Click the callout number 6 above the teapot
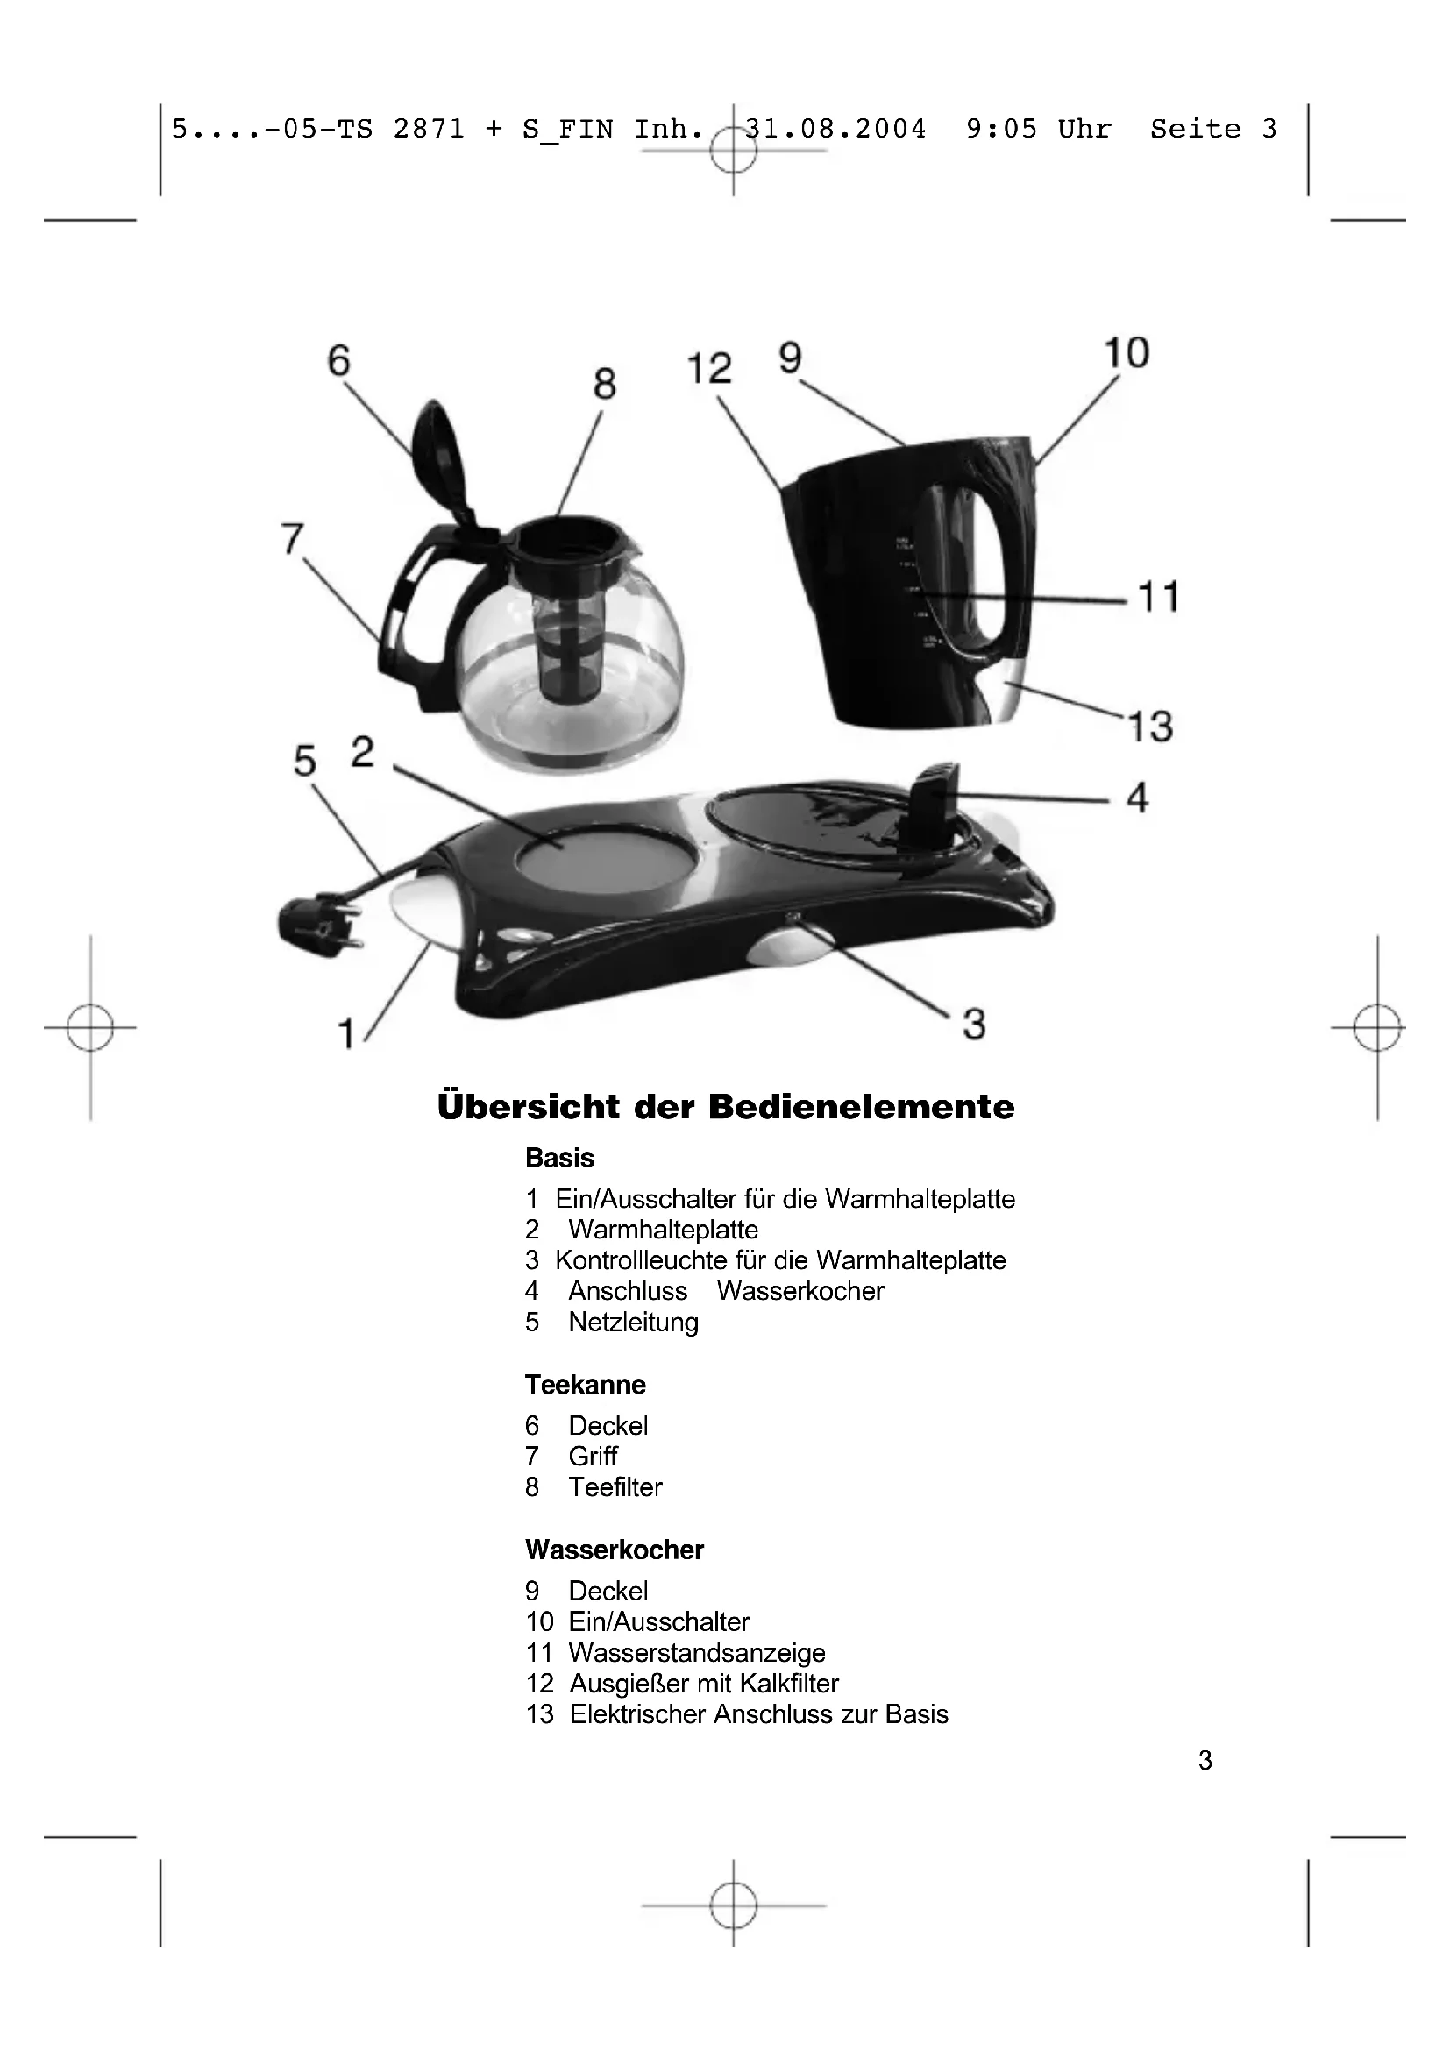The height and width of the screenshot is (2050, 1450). coord(339,361)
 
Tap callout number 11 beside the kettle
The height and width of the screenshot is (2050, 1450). coord(1159,597)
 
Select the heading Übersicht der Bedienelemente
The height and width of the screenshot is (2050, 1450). coord(726,1107)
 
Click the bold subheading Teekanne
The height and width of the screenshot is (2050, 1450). coord(585,1385)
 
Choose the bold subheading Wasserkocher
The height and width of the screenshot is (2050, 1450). coord(615,1550)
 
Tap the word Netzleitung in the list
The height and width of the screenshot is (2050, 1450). coord(633,1323)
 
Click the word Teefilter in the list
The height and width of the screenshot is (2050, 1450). coord(615,1487)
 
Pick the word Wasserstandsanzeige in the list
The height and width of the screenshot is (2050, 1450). coord(696,1653)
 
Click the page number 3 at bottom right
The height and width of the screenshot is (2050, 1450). coord(1205,1760)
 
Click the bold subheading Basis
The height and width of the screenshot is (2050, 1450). coord(559,1158)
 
